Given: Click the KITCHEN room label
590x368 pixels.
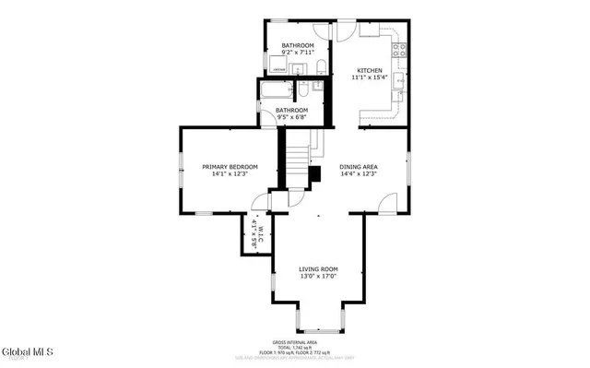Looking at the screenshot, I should coord(370,70).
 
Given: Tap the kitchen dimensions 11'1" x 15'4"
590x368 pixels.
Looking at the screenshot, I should coord(370,78).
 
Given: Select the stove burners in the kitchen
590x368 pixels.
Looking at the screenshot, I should coord(399,51).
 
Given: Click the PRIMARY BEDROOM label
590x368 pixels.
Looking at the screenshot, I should coord(230,166).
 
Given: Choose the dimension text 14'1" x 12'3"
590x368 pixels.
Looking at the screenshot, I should coord(230,174).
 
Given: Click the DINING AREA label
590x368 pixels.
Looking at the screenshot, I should coord(359,166).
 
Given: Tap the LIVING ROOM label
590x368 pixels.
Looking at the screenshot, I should coord(318,269).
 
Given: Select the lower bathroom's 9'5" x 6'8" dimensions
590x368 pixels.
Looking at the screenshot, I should coord(292,118).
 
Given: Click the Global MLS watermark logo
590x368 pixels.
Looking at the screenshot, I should coord(28,352).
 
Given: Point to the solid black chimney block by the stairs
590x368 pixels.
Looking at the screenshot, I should coord(314,174).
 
